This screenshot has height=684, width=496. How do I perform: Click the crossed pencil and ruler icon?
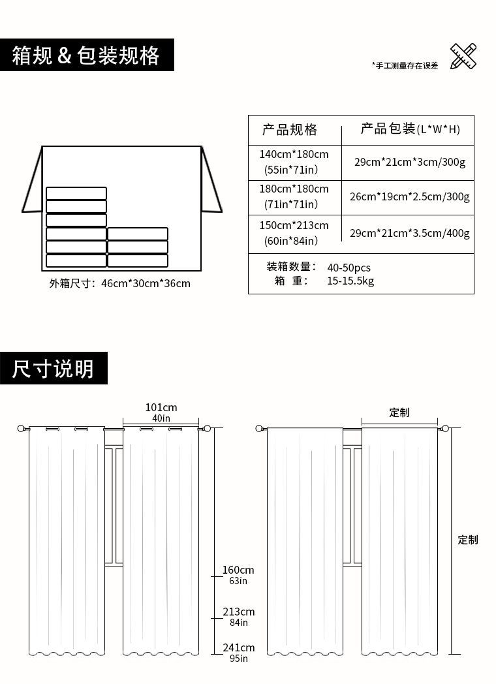point(463,56)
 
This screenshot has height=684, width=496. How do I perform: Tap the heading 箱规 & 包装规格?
point(86,55)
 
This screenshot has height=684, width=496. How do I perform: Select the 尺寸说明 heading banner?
point(54,369)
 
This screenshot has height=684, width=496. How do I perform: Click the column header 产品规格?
point(290,130)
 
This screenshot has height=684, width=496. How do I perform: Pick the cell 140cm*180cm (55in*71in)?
point(294,162)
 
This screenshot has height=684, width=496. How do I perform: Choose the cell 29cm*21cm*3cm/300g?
point(410,162)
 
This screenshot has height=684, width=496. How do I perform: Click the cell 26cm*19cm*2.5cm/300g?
point(409,196)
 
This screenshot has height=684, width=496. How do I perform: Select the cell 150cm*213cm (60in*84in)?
point(294,233)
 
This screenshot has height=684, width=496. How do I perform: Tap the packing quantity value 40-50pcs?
point(349,268)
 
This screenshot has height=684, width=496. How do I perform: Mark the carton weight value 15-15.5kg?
point(350,281)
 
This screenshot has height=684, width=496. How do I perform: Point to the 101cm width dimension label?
point(161,408)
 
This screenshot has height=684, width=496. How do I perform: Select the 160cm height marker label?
point(238,570)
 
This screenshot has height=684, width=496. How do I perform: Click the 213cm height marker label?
point(238,612)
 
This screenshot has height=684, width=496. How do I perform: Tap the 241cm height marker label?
point(238,648)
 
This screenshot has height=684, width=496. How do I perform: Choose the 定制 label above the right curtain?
point(399,412)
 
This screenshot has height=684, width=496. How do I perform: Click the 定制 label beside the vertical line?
point(468,540)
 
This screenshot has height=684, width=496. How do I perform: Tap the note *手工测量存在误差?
point(405,66)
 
